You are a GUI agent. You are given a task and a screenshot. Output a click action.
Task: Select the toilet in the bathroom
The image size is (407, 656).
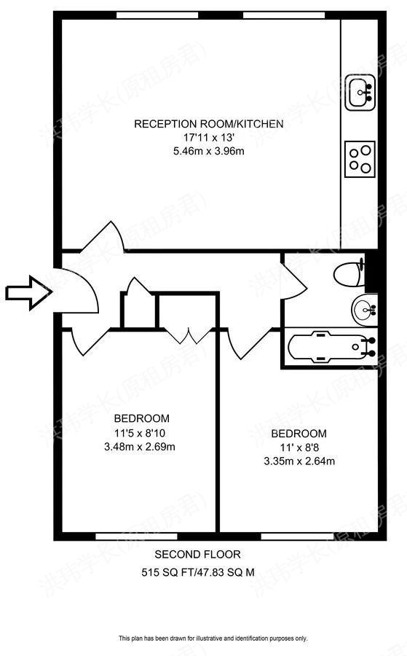coord(348,276)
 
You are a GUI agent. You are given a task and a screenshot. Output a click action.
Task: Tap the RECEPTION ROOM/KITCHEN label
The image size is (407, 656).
coord(208,124)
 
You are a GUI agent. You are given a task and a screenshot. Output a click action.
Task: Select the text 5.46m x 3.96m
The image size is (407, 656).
coord(208,151)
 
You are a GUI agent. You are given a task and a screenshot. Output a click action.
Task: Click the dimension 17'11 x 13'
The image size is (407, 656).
coord(208,138)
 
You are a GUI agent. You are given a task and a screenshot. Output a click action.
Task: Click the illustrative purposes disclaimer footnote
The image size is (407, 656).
coord(213,638)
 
